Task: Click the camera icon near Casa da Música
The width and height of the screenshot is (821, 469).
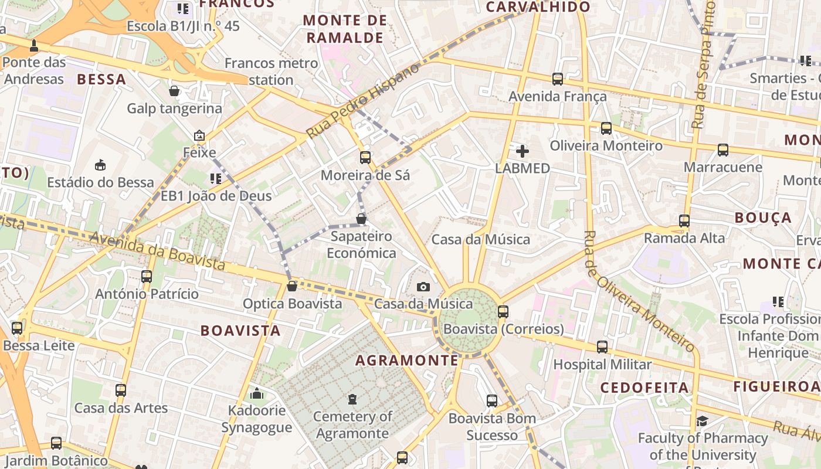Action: pos(423,287)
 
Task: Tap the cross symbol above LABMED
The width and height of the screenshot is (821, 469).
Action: pos(522,151)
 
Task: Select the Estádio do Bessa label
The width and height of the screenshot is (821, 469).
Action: pos(101,182)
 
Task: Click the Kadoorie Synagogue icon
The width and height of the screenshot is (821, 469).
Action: pos(256,393)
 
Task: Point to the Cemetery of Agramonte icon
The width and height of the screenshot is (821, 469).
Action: pos(352,400)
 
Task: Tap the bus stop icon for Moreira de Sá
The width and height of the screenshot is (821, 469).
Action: pos(365,157)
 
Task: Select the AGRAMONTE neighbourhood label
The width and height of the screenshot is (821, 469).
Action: pos(407,360)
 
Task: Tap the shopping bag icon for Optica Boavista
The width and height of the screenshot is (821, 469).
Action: pos(291,286)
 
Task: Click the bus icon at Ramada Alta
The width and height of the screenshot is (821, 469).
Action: pos(684,221)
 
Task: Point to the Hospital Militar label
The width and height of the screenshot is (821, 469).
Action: pos(602,364)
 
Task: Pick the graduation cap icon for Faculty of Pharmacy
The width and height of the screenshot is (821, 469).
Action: pos(702,421)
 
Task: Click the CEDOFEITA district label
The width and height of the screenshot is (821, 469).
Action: pos(644,388)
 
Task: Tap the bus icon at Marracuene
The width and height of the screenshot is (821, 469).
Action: pos(723,150)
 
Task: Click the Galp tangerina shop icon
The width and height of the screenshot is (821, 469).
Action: pos(174,91)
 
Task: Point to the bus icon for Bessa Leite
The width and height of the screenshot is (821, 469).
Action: pos(17,328)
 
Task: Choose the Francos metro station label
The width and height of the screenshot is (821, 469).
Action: pos(272,71)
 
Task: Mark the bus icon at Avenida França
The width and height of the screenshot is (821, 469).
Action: pos(557,79)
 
